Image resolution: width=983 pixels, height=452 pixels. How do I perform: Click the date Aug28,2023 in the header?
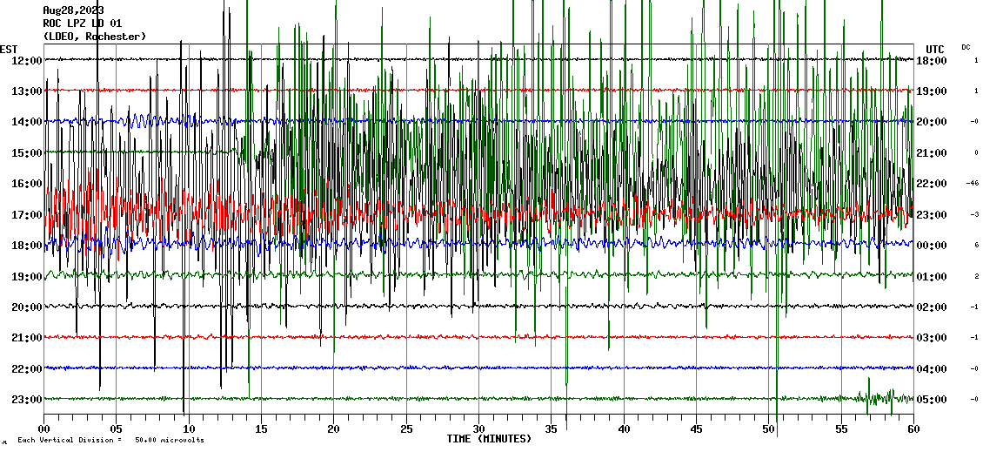click(73, 10)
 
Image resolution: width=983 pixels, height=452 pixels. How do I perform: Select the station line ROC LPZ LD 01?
click(83, 24)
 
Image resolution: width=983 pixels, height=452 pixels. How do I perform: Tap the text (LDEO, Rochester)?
click(95, 37)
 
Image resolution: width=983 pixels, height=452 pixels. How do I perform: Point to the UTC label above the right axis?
click(935, 49)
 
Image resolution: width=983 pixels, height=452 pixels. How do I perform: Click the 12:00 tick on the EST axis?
click(26, 60)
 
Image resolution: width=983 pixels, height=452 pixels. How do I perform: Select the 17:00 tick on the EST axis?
click(26, 214)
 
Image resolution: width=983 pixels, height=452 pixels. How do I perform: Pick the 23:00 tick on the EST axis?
click(26, 399)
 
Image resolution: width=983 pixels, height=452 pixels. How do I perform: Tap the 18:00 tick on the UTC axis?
click(932, 60)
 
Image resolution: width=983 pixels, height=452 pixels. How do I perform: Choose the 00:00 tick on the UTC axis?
click(932, 245)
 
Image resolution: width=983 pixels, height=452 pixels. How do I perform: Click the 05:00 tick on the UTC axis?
click(932, 399)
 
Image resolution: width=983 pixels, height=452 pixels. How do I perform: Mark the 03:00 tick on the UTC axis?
click(932, 337)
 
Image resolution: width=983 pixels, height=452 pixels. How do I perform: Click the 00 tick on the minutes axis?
click(44, 429)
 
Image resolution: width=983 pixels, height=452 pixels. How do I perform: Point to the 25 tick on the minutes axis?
click(406, 429)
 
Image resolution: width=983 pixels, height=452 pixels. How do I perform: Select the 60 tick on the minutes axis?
click(913, 429)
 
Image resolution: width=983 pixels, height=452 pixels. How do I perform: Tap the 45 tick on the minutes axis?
click(696, 429)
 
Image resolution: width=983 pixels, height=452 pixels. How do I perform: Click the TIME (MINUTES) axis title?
click(489, 439)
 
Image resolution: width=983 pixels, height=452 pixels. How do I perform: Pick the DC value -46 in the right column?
click(973, 183)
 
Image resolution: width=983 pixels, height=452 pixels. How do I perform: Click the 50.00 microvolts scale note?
click(169, 441)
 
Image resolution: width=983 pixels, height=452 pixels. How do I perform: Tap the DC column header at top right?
click(966, 47)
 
